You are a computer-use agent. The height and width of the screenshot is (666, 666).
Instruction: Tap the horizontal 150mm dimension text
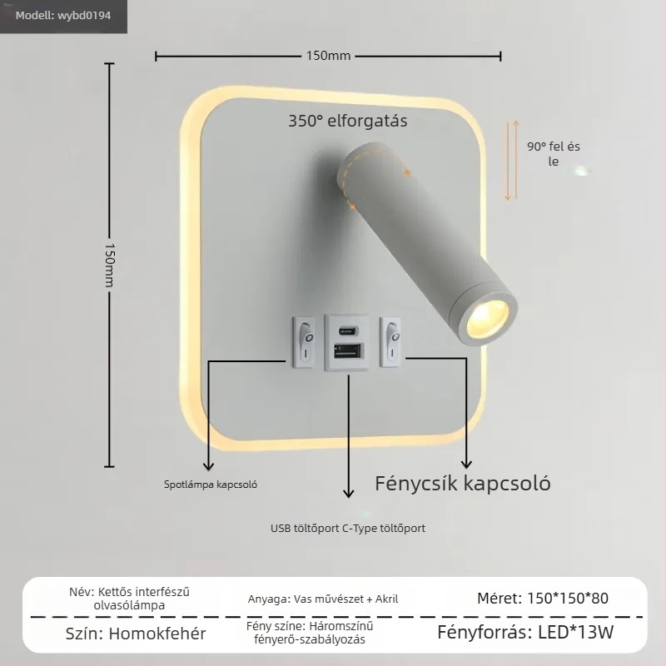328,56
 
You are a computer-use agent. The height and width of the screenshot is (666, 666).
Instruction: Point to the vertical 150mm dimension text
110,266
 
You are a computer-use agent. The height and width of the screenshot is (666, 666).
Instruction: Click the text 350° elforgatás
347,121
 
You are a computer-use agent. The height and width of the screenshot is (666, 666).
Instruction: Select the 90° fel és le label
553,154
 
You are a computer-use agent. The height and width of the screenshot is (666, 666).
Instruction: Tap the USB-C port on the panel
347,330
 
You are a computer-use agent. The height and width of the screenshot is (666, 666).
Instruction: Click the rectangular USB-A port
348,350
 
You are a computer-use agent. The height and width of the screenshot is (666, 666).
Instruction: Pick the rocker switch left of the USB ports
304,342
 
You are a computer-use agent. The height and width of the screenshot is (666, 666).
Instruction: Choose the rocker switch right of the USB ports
390,341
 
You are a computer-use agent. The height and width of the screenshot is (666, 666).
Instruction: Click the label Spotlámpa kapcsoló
211,485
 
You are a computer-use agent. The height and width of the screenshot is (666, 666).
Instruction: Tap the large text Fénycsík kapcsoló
463,484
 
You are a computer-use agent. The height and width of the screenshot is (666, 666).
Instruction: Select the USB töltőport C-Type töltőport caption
348,529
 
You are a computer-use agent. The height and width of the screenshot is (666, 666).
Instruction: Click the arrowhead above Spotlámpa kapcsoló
208,466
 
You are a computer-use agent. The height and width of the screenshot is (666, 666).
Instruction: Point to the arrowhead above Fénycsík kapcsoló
466,463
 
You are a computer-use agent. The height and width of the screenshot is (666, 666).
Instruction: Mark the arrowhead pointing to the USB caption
348,493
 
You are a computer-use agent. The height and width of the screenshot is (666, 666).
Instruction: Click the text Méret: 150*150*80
543,599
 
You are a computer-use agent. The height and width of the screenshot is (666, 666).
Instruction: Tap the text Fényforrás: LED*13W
525,633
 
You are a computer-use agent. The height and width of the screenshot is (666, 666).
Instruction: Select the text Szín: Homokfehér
136,634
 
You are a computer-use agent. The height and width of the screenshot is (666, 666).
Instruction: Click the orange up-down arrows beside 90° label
512,160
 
